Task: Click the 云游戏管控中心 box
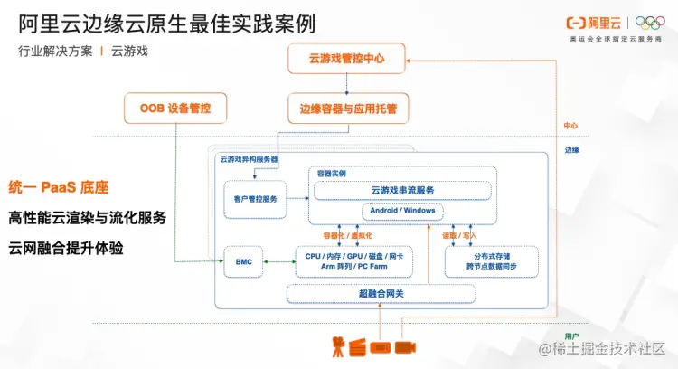click(x=347, y=59)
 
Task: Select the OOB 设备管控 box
click(x=175, y=109)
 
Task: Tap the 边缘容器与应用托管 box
click(x=347, y=109)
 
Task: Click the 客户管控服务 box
click(x=255, y=198)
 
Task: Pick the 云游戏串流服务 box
click(x=402, y=190)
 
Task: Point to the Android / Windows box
click(x=402, y=211)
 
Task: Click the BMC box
click(x=243, y=261)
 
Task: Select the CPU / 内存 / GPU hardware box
click(x=353, y=261)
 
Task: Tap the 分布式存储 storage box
click(x=491, y=261)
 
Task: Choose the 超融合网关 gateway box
click(x=381, y=293)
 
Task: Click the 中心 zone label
click(x=570, y=126)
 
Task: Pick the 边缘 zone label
click(x=570, y=149)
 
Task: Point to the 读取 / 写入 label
click(x=459, y=234)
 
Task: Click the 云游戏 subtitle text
click(x=130, y=51)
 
